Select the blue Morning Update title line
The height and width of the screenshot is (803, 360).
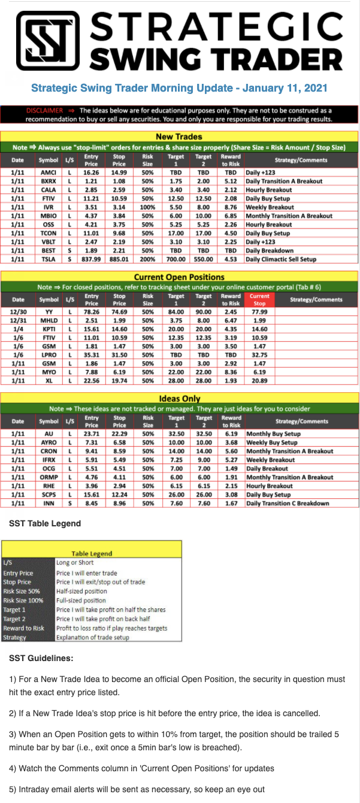coord(179,88)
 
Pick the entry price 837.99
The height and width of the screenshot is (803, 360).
coord(92,259)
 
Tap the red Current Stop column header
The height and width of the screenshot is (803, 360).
coord(259,299)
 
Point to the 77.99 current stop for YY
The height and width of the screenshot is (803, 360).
coord(259,312)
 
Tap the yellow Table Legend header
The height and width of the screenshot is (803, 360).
coord(92,554)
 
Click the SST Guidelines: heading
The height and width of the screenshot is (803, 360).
coord(41,658)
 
